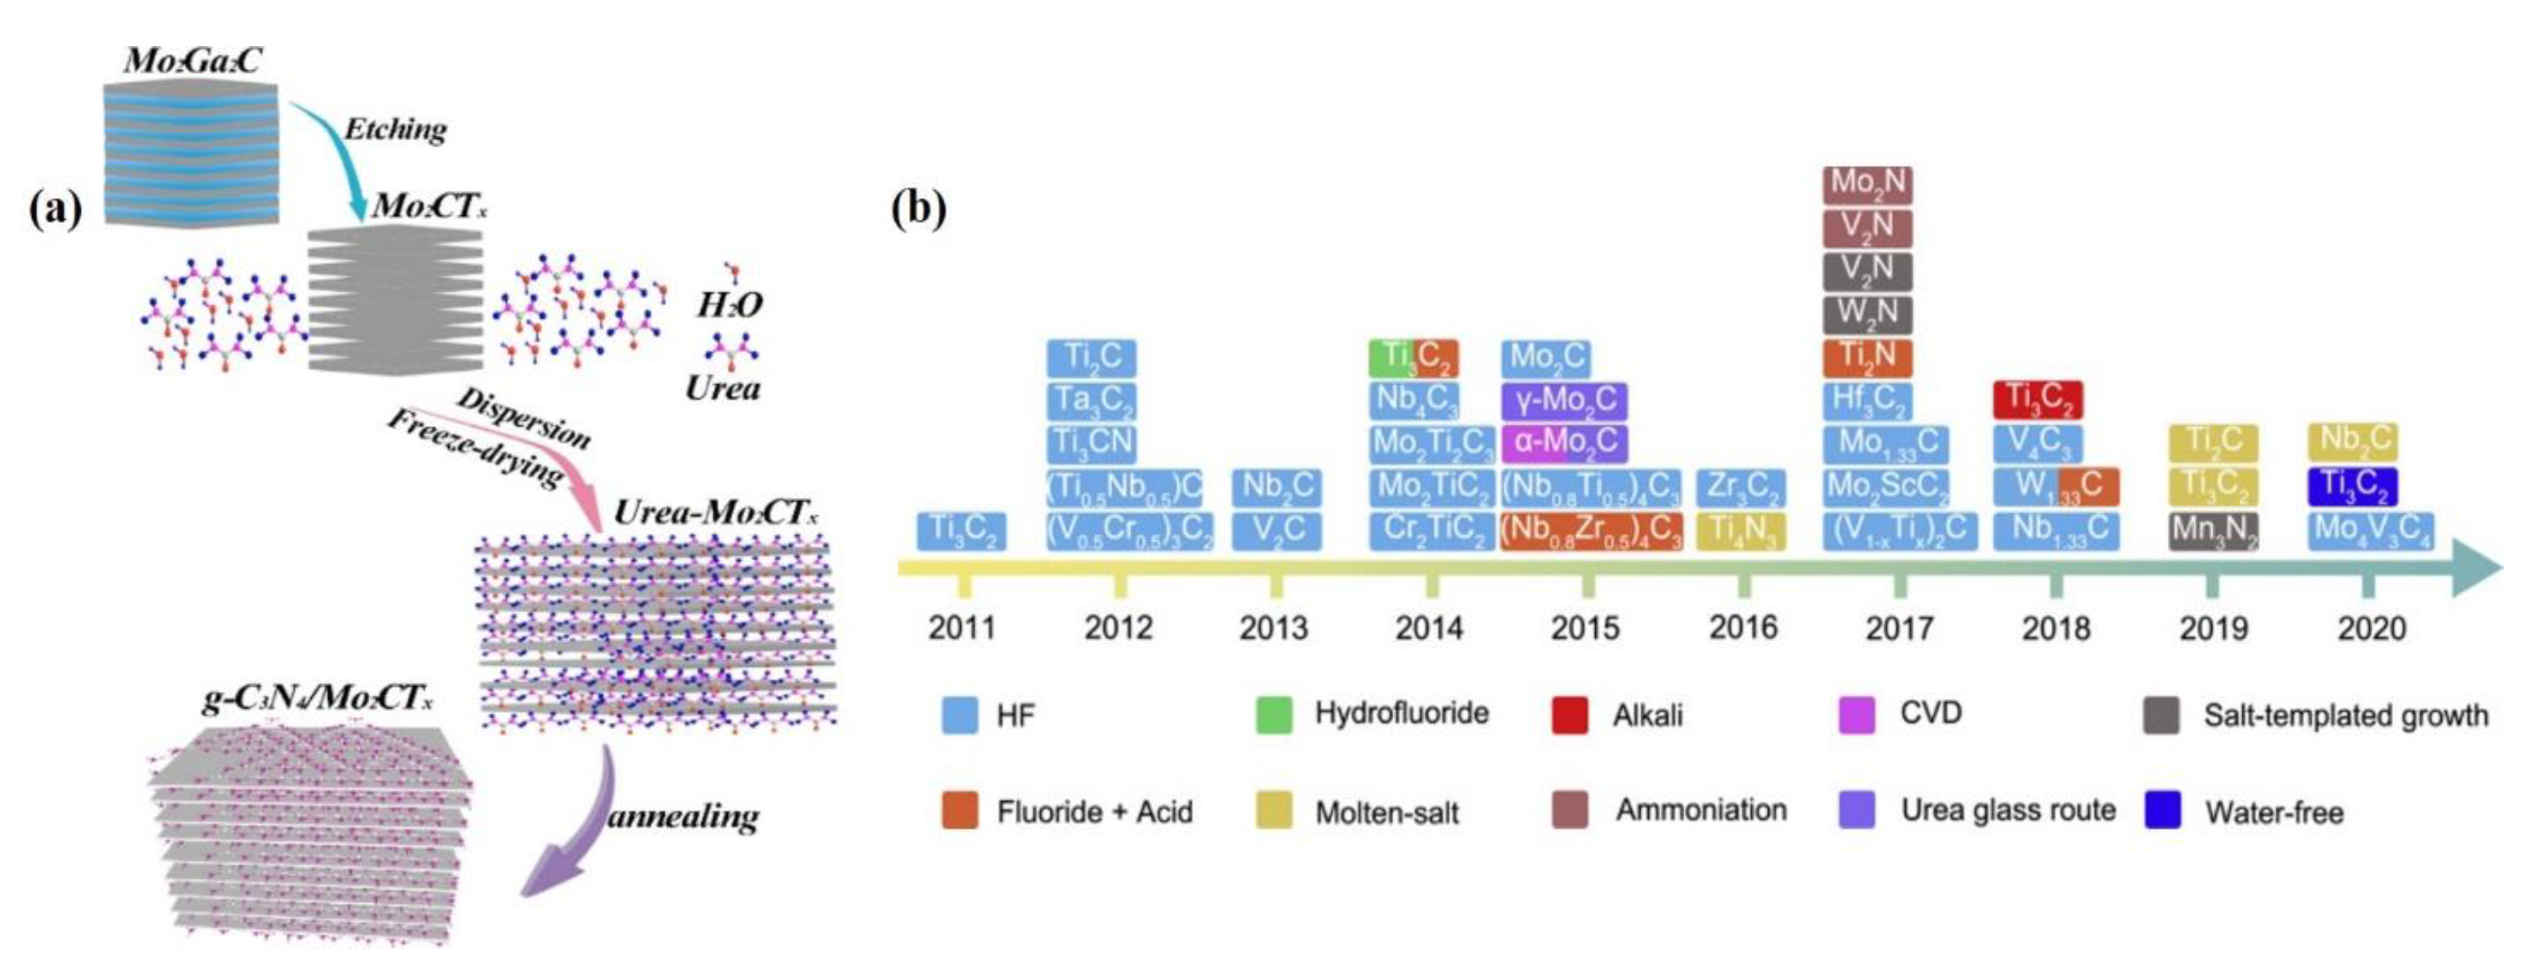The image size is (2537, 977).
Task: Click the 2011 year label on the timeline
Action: (961, 627)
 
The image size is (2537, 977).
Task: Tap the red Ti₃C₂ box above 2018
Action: (2037, 399)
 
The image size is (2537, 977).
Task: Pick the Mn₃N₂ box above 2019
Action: (2213, 531)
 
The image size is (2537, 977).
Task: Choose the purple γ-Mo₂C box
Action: (1564, 400)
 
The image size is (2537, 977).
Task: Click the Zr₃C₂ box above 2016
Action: (1740, 487)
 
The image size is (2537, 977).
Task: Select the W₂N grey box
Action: (1867, 314)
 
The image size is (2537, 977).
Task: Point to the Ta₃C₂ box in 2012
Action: (1091, 400)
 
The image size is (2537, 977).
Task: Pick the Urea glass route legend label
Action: (2008, 810)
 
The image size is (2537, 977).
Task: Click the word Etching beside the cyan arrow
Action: (395, 130)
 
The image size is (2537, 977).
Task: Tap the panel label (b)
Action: (918, 208)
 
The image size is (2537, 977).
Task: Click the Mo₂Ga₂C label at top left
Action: (192, 61)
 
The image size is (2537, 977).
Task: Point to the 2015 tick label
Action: (1585, 627)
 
